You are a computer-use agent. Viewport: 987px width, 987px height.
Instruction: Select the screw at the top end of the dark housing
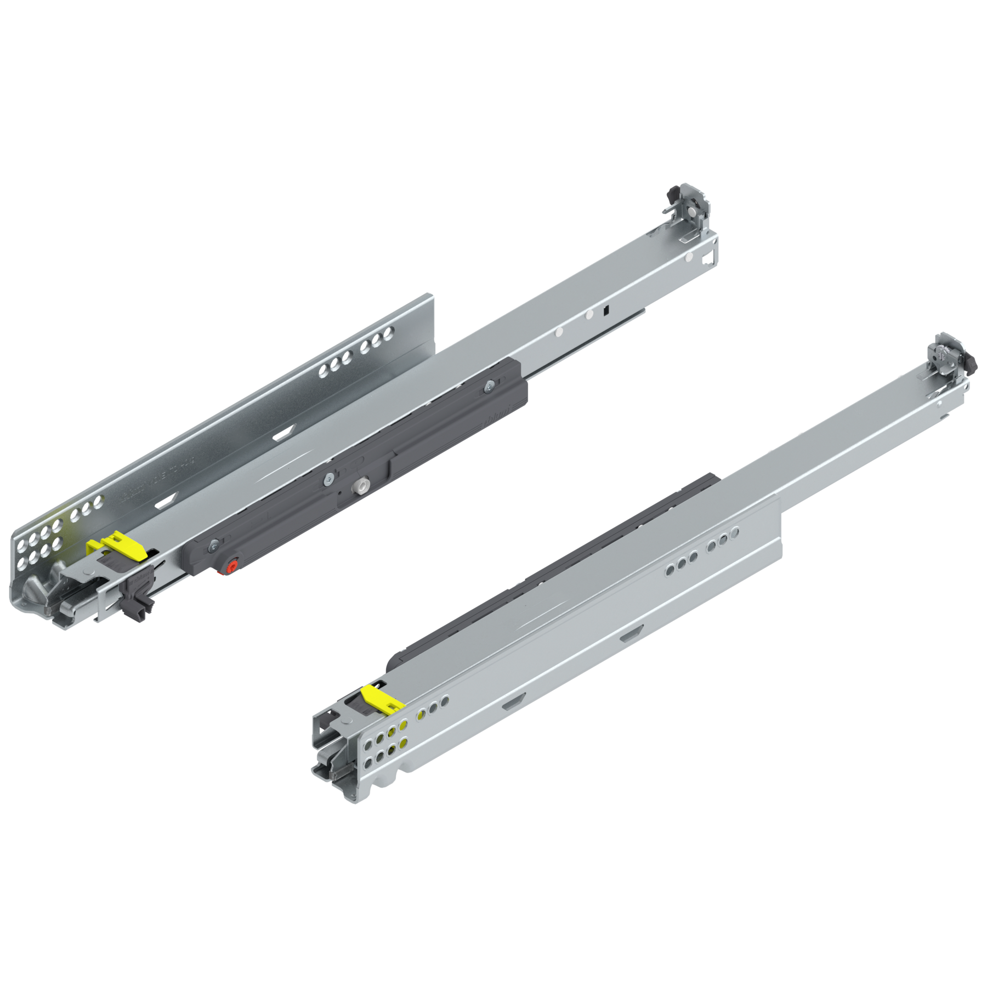487,388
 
